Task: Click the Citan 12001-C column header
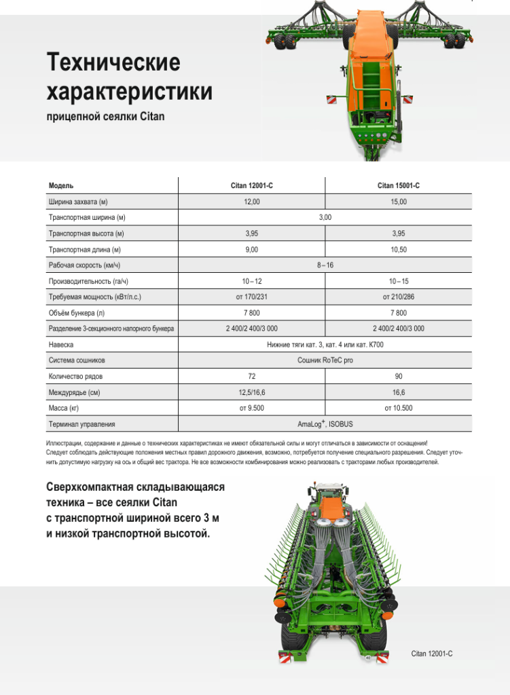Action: pyautogui.click(x=251, y=186)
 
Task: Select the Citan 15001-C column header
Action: pyautogui.click(x=398, y=186)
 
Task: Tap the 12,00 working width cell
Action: pyautogui.click(x=251, y=202)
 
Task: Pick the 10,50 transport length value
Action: pyautogui.click(x=398, y=250)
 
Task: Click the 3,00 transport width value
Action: pyautogui.click(x=325, y=218)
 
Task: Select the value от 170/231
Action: pyautogui.click(x=251, y=297)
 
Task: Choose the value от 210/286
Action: pyautogui.click(x=398, y=297)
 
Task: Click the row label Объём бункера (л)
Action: pyautogui.click(x=77, y=313)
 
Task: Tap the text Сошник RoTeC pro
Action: pyautogui.click(x=325, y=360)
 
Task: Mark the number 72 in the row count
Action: pyautogui.click(x=251, y=376)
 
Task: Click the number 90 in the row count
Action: pyautogui.click(x=398, y=376)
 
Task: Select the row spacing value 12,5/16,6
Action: pyautogui.click(x=251, y=392)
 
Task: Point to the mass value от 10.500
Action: pyautogui.click(x=398, y=408)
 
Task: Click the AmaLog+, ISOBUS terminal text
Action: pyautogui.click(x=325, y=424)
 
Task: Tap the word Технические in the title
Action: pyautogui.click(x=113, y=63)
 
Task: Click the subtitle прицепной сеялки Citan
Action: pyautogui.click(x=105, y=117)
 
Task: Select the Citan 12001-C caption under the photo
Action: pyautogui.click(x=432, y=654)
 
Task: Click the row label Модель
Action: pyautogui.click(x=61, y=186)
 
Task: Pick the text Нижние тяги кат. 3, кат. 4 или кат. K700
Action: pyautogui.click(x=325, y=345)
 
